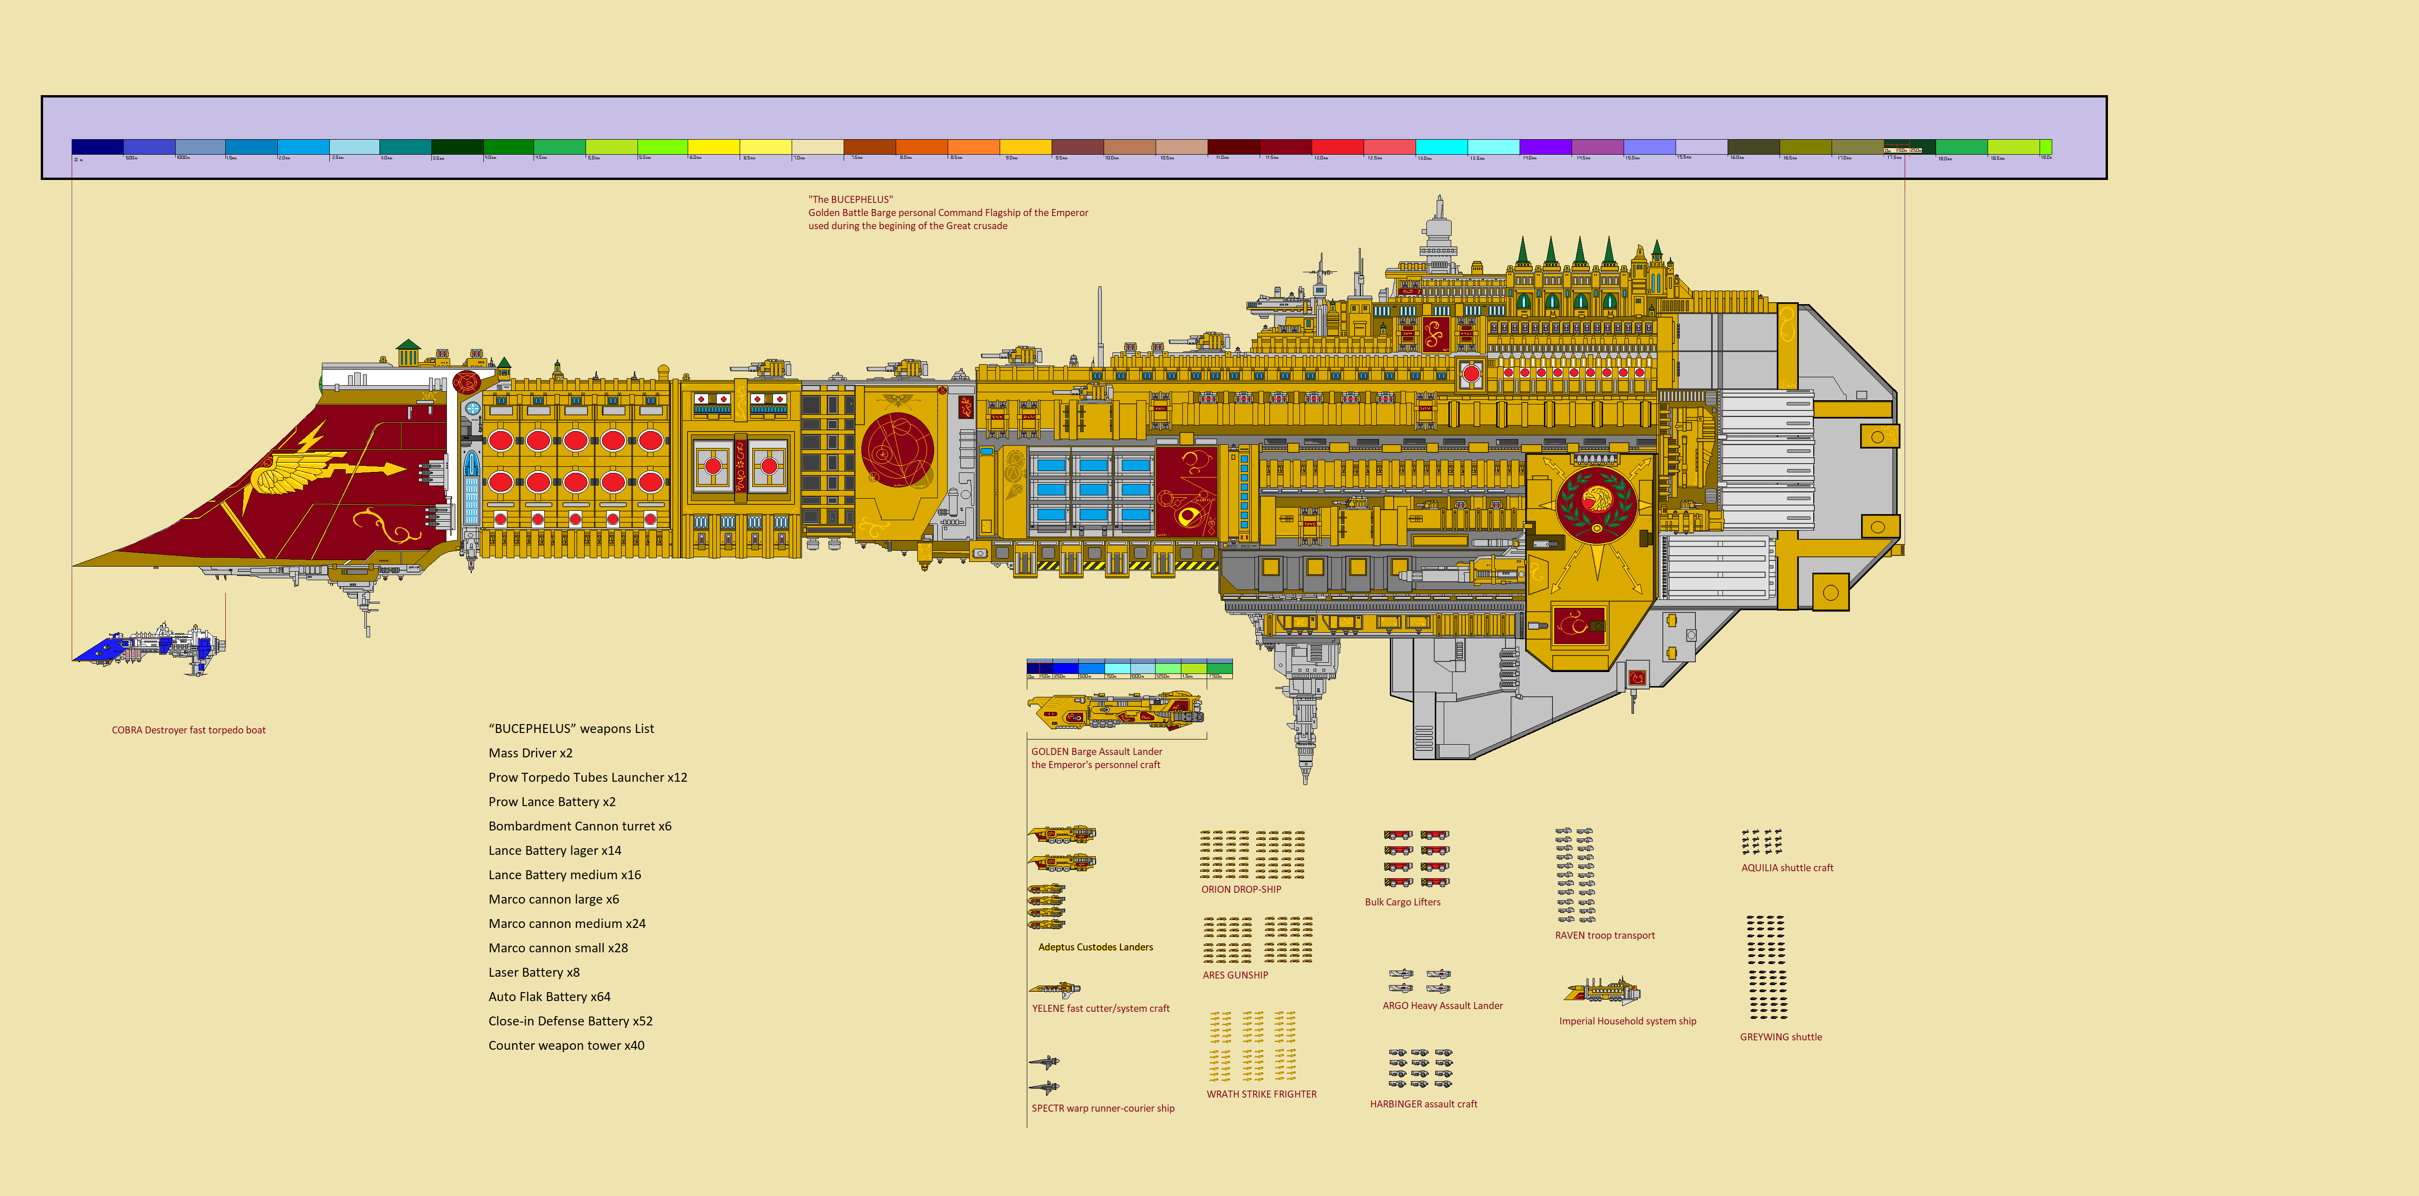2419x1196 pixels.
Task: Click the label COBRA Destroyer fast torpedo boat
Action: (x=189, y=730)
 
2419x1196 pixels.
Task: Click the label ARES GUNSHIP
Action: (x=1235, y=975)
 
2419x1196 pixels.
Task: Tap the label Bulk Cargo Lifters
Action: (x=1402, y=902)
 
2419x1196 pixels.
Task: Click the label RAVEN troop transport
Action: (x=1605, y=936)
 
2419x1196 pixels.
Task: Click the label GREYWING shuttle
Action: (x=1781, y=1037)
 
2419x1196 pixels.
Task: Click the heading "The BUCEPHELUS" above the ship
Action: (x=851, y=199)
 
